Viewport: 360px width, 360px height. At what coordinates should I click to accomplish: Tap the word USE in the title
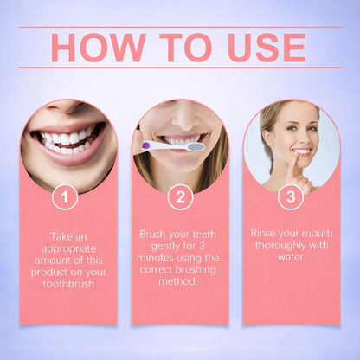tap(260, 48)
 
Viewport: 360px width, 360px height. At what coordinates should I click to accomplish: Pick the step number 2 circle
tap(179, 197)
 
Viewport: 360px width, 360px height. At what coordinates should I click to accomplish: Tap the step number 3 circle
tap(291, 197)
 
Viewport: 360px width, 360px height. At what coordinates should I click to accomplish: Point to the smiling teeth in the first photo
tap(67, 138)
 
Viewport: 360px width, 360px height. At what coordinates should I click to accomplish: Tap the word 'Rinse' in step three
tap(267, 234)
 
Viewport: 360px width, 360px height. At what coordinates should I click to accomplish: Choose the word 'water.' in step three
tap(292, 257)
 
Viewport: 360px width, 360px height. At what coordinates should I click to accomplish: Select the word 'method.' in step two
tap(179, 281)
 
